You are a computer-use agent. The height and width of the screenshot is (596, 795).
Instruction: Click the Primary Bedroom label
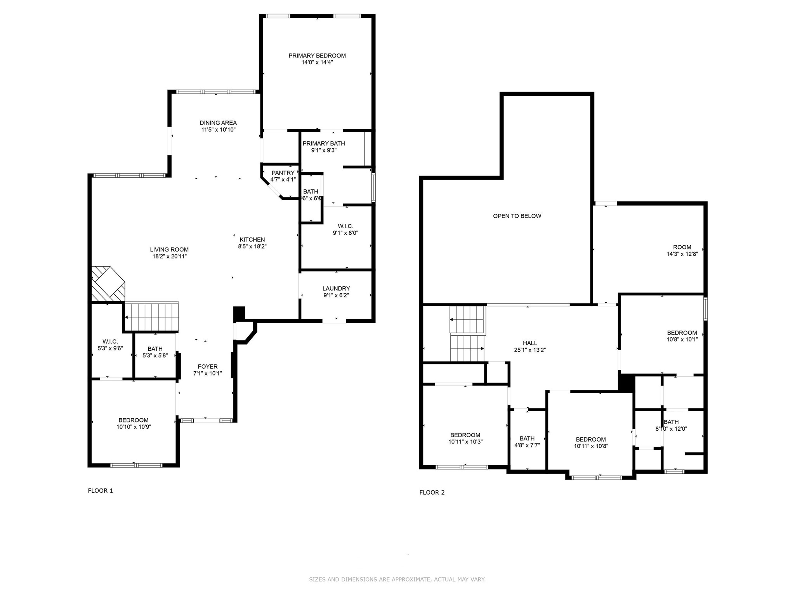(317, 55)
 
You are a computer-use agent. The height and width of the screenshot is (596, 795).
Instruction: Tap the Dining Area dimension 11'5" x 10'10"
(218, 130)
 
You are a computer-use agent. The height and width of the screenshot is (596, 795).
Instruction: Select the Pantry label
(283, 173)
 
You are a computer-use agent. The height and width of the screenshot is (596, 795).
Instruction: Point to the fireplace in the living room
(108, 284)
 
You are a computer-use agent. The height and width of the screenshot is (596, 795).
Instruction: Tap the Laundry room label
(336, 288)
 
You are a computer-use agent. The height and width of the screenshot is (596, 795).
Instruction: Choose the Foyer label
(208, 366)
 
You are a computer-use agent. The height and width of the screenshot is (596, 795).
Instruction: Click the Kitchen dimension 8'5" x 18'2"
(252, 246)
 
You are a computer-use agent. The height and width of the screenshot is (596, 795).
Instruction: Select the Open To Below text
(517, 216)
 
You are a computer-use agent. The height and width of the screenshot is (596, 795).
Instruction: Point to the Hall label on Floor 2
(530, 343)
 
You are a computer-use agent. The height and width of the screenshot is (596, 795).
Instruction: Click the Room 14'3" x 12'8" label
(682, 247)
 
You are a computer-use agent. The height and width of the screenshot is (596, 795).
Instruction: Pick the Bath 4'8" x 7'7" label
(527, 438)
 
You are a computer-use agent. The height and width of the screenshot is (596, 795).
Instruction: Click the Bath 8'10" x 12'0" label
(671, 422)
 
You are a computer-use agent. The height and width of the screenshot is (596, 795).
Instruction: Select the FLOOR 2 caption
(432, 492)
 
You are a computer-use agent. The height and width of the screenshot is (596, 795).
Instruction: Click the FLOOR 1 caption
(100, 490)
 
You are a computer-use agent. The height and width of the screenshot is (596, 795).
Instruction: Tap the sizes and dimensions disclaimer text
(397, 579)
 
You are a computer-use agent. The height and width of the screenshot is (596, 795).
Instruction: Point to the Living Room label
(169, 249)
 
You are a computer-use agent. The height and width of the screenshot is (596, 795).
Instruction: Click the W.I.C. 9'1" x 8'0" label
(345, 226)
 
